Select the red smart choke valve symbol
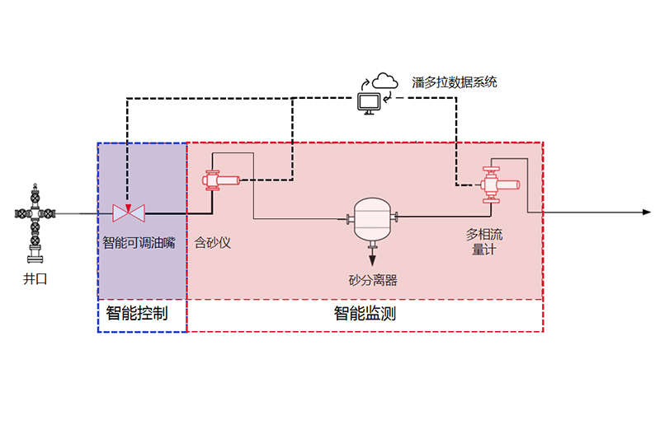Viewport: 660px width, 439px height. (129, 213)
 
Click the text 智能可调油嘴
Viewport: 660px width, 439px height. (139, 243)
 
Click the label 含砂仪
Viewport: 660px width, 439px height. (213, 243)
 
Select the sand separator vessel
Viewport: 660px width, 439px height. (372, 218)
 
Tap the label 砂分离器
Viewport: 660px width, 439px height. (373, 280)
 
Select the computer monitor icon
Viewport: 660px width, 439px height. (368, 102)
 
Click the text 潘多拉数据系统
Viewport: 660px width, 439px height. (455, 82)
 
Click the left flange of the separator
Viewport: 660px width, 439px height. (349, 218)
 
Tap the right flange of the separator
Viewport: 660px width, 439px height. (396, 217)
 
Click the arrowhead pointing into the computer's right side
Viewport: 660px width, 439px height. (388, 99)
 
